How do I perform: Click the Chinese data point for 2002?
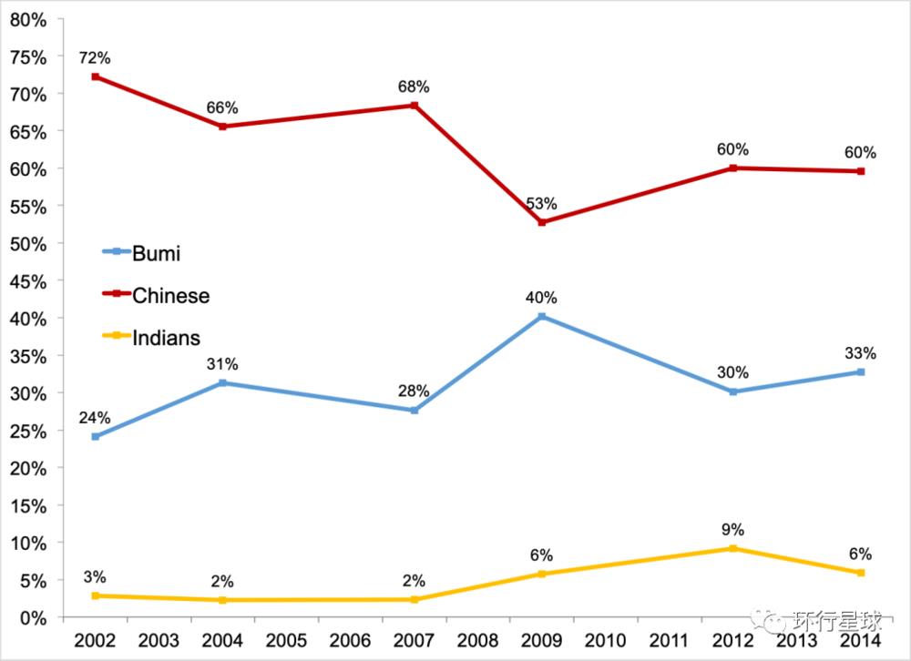coord(95,76)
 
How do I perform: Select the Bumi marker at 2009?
coord(542,317)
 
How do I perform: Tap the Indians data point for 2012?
coord(733,548)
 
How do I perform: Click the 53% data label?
coord(541,203)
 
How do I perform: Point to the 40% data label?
coord(541,298)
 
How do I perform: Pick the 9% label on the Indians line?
coord(733,529)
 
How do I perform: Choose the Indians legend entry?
coord(150,338)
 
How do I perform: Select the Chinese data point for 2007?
coord(415,106)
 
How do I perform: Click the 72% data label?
coord(95,57)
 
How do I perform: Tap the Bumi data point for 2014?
coord(861,372)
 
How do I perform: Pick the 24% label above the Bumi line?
coord(95,418)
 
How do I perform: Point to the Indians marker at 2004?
coord(222,600)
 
